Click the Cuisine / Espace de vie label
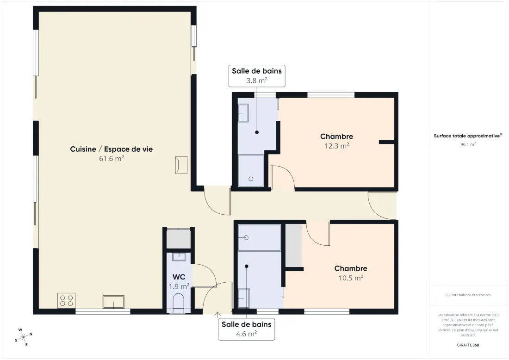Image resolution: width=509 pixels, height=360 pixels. coord(112,149)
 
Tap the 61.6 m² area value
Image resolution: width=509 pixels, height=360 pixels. coord(112,158)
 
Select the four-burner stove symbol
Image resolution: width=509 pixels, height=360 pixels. coord(67,301)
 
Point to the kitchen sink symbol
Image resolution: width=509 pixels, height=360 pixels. coord(114,302)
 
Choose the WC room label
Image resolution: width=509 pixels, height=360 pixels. coord(179,277)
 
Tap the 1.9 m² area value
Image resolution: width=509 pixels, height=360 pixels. coord(179,286)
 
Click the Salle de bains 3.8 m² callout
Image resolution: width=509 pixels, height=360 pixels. coord(257,75)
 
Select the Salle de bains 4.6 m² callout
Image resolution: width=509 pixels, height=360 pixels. coord(246,329)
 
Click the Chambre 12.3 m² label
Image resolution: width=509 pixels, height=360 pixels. coord(336,141)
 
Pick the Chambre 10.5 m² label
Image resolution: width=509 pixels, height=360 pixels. coord(351,273)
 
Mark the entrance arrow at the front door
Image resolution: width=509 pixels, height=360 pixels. coord(217,315)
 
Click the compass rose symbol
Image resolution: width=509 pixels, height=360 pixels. coord(24,337)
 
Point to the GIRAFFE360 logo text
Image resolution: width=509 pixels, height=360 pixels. coord(468,345)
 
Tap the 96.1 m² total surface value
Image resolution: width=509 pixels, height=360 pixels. coord(468,144)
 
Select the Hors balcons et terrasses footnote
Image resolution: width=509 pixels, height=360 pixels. coord(468,295)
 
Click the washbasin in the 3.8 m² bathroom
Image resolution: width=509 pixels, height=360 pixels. coord(243,113)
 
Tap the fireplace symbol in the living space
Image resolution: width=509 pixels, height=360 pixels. coord(181,165)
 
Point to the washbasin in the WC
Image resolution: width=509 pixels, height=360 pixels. coord(179,257)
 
